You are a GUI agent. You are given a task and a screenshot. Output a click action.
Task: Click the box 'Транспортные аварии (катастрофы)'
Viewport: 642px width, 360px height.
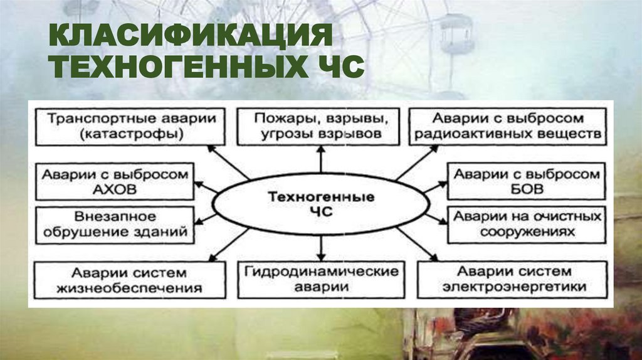coord(130,125)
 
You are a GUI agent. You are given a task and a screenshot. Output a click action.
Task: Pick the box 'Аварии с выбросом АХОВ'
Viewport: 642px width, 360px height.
coord(114,182)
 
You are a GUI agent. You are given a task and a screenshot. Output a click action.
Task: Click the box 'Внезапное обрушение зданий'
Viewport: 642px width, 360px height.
coord(114,225)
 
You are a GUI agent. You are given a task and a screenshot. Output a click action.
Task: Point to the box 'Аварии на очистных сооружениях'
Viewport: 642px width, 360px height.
coord(525,224)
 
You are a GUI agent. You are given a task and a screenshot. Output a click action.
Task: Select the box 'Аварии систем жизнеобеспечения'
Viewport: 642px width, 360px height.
coord(129,280)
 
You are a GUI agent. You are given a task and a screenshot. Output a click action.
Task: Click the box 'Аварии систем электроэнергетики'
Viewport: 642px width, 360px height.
coord(514,280)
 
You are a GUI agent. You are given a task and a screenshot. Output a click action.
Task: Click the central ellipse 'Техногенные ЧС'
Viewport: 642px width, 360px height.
coord(321,204)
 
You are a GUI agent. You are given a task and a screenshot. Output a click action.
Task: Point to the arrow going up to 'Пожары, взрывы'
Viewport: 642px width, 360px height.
coord(320,159)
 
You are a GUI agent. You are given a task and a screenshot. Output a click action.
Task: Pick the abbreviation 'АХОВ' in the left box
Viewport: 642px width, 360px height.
coord(114,189)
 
